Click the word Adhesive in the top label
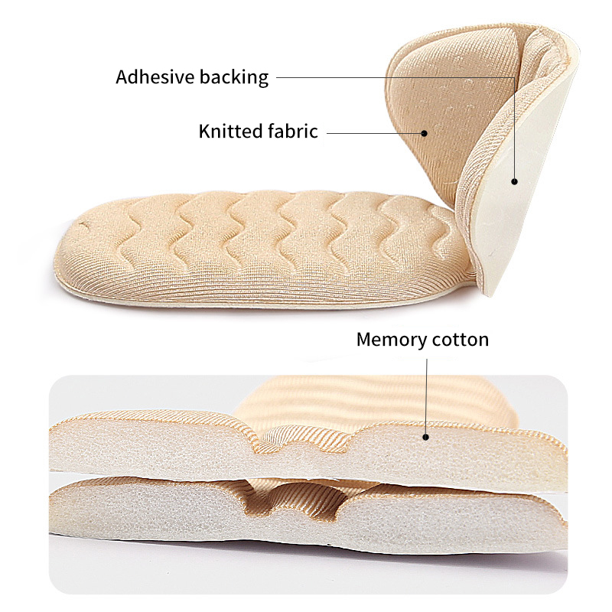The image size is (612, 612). [x=155, y=77]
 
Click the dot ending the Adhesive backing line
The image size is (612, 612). [x=514, y=181]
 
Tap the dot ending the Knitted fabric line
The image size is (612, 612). [x=425, y=133]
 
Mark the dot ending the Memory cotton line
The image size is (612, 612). [x=426, y=437]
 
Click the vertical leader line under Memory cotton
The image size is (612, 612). [x=427, y=396]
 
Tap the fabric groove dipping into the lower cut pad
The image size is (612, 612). [x=292, y=503]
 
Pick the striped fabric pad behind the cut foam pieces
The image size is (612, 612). [x=375, y=398]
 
